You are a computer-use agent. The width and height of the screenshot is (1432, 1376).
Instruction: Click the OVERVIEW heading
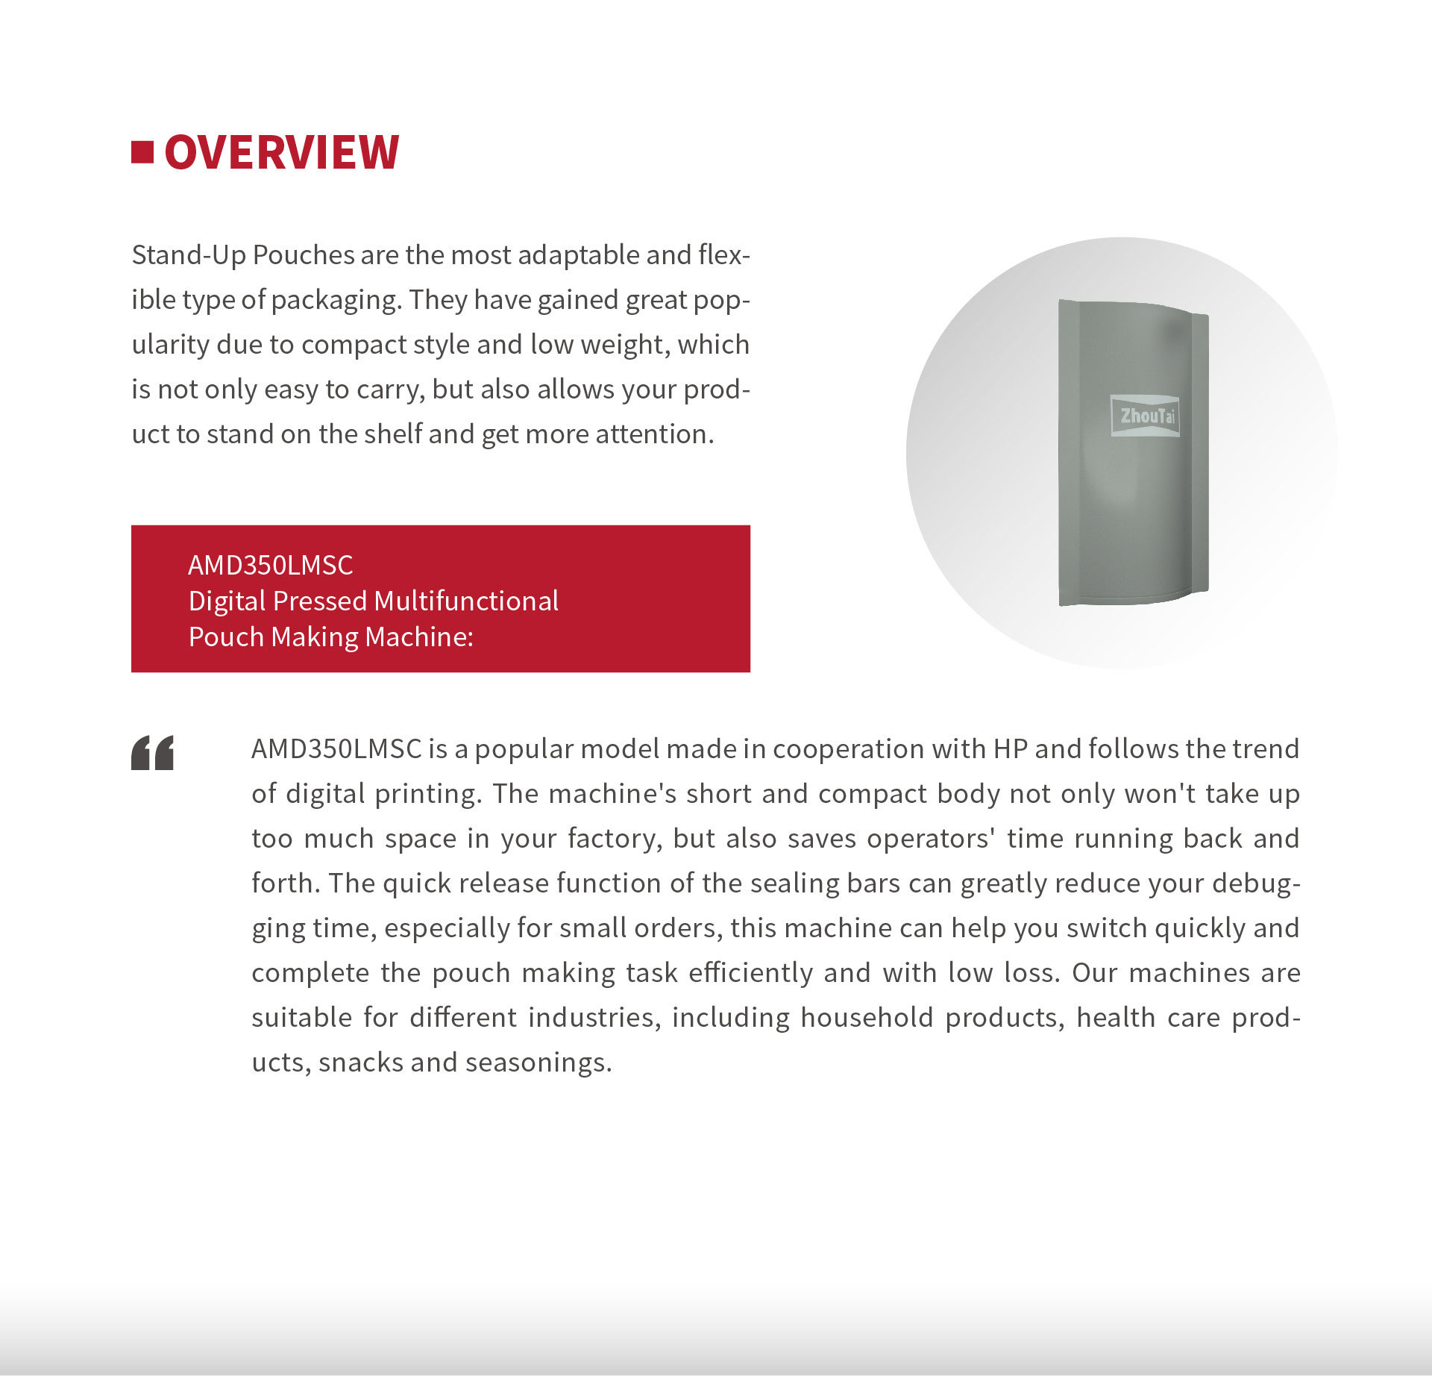[281, 152]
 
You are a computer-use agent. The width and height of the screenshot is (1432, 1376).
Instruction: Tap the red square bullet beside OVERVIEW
[142, 151]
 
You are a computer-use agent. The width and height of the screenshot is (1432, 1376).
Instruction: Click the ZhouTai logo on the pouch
[1146, 416]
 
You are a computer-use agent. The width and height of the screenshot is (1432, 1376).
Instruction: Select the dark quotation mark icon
[152, 752]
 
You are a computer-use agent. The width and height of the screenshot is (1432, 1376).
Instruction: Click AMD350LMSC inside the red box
[271, 565]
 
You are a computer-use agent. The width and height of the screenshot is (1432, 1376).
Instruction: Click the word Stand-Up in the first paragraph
[189, 255]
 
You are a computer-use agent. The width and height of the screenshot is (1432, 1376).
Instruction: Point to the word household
[867, 1018]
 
